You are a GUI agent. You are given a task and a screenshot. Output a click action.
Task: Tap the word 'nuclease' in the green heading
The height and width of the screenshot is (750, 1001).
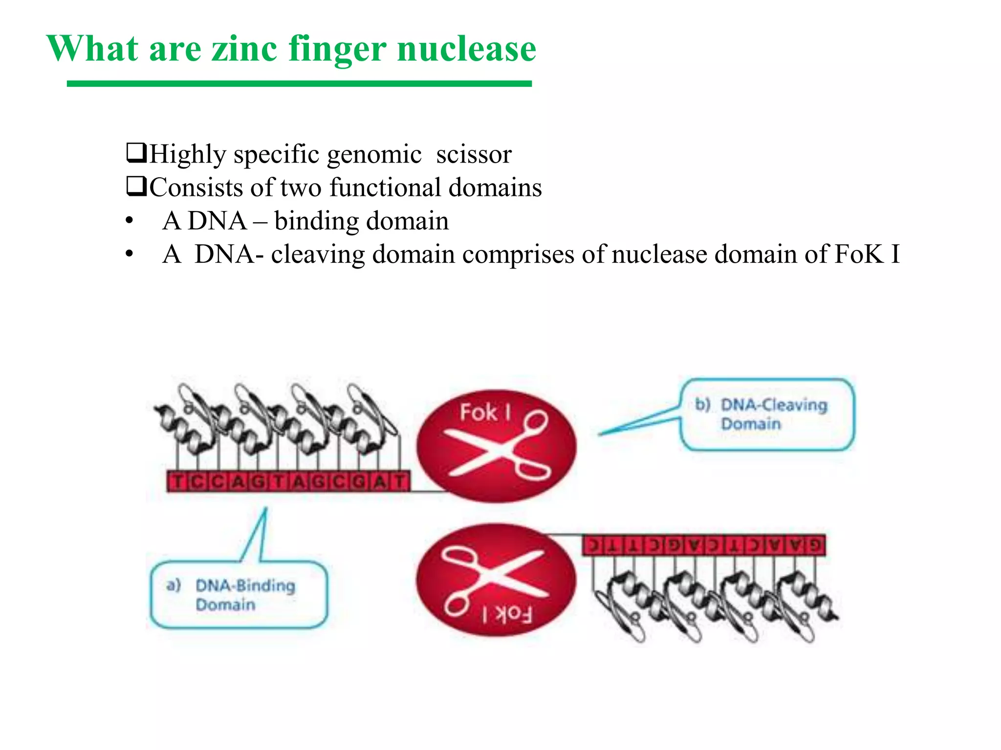tap(466, 49)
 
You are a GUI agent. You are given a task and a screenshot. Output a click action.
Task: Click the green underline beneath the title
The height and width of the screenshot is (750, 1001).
tap(299, 84)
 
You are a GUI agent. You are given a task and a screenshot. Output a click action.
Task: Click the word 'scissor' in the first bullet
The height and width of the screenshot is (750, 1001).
tap(474, 154)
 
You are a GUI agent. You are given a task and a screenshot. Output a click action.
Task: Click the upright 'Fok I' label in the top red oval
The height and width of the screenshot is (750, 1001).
tap(484, 413)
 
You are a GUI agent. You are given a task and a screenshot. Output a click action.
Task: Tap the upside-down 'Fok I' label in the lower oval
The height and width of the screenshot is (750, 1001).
tap(507, 614)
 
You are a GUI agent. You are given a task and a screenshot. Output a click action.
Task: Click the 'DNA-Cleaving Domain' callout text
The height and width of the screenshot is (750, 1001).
tap(774, 414)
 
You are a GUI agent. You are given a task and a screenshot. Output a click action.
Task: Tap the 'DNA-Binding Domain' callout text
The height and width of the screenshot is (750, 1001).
tap(245, 595)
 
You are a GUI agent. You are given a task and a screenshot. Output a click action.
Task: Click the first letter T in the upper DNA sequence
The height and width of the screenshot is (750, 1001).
tap(178, 482)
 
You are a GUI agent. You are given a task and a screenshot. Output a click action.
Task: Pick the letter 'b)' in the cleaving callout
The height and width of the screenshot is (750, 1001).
tap(703, 404)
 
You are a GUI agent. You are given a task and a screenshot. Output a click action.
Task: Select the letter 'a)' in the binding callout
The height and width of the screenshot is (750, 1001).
tap(174, 584)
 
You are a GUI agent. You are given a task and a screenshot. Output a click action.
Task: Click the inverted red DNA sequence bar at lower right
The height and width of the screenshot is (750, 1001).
tap(704, 545)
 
